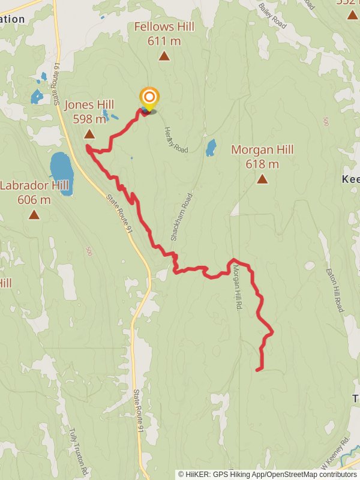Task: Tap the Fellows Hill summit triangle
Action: click(x=164, y=56)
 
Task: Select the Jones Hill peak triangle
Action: click(x=89, y=134)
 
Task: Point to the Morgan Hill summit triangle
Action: click(x=262, y=179)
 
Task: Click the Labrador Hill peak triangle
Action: click(x=34, y=214)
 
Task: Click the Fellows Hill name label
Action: click(x=164, y=27)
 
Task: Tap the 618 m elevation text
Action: click(x=262, y=164)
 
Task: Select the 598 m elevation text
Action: click(x=89, y=119)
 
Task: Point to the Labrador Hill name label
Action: click(x=34, y=185)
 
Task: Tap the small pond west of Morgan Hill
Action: click(x=211, y=147)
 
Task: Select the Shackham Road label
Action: click(x=182, y=217)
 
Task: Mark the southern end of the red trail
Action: click(x=258, y=370)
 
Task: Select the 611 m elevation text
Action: click(x=164, y=41)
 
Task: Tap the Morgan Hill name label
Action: click(x=262, y=149)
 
